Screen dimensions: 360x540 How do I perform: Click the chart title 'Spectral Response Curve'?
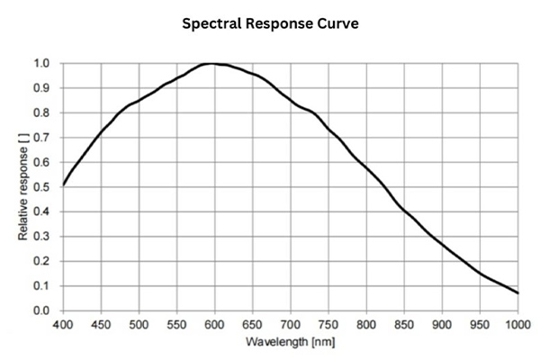270,23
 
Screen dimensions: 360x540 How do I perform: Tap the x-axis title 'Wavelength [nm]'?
290,342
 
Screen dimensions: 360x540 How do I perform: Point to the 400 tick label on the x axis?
63,323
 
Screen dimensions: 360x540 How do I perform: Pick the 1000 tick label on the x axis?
516,323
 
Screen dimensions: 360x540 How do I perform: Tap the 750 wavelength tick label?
328,323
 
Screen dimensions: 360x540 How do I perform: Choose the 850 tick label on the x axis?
404,323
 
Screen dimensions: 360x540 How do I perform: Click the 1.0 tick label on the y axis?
42,64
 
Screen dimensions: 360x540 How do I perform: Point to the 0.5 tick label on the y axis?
42,187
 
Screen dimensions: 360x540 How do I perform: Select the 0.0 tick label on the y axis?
42,310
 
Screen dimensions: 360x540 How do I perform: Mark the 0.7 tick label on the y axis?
42,138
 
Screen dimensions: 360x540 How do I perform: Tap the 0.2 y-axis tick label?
42,261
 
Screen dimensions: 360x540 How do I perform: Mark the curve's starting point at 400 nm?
64,184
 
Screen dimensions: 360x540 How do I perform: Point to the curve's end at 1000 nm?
517,293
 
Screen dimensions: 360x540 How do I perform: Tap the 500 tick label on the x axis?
139,323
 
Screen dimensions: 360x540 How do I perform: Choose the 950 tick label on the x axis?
480,323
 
